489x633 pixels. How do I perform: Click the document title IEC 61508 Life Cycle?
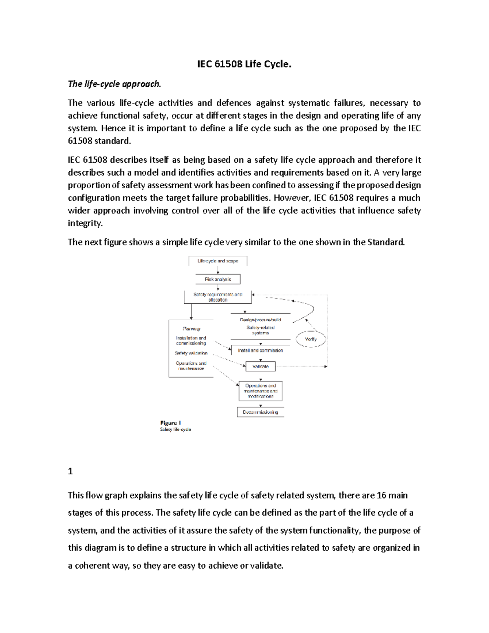click(x=244, y=64)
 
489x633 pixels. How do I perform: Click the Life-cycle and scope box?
click(x=218, y=261)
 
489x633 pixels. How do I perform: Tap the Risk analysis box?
click(x=218, y=279)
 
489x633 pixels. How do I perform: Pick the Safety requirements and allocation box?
click(x=218, y=297)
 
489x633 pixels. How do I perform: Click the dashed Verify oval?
click(x=311, y=339)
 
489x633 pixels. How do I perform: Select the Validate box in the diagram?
click(x=260, y=366)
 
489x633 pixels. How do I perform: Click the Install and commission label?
click(x=260, y=351)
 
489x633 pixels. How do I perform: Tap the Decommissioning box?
click(x=260, y=412)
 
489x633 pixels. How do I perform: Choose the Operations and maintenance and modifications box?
click(x=260, y=391)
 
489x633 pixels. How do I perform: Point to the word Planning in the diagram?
click(x=191, y=329)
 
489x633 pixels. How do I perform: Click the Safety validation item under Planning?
click(x=191, y=353)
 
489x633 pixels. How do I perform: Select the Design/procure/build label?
click(x=260, y=320)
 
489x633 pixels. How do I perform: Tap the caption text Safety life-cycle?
click(x=176, y=430)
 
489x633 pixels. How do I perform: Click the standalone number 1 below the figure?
click(x=70, y=472)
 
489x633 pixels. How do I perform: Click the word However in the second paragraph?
click(x=291, y=198)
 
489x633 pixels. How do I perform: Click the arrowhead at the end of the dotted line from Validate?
click(x=326, y=366)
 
